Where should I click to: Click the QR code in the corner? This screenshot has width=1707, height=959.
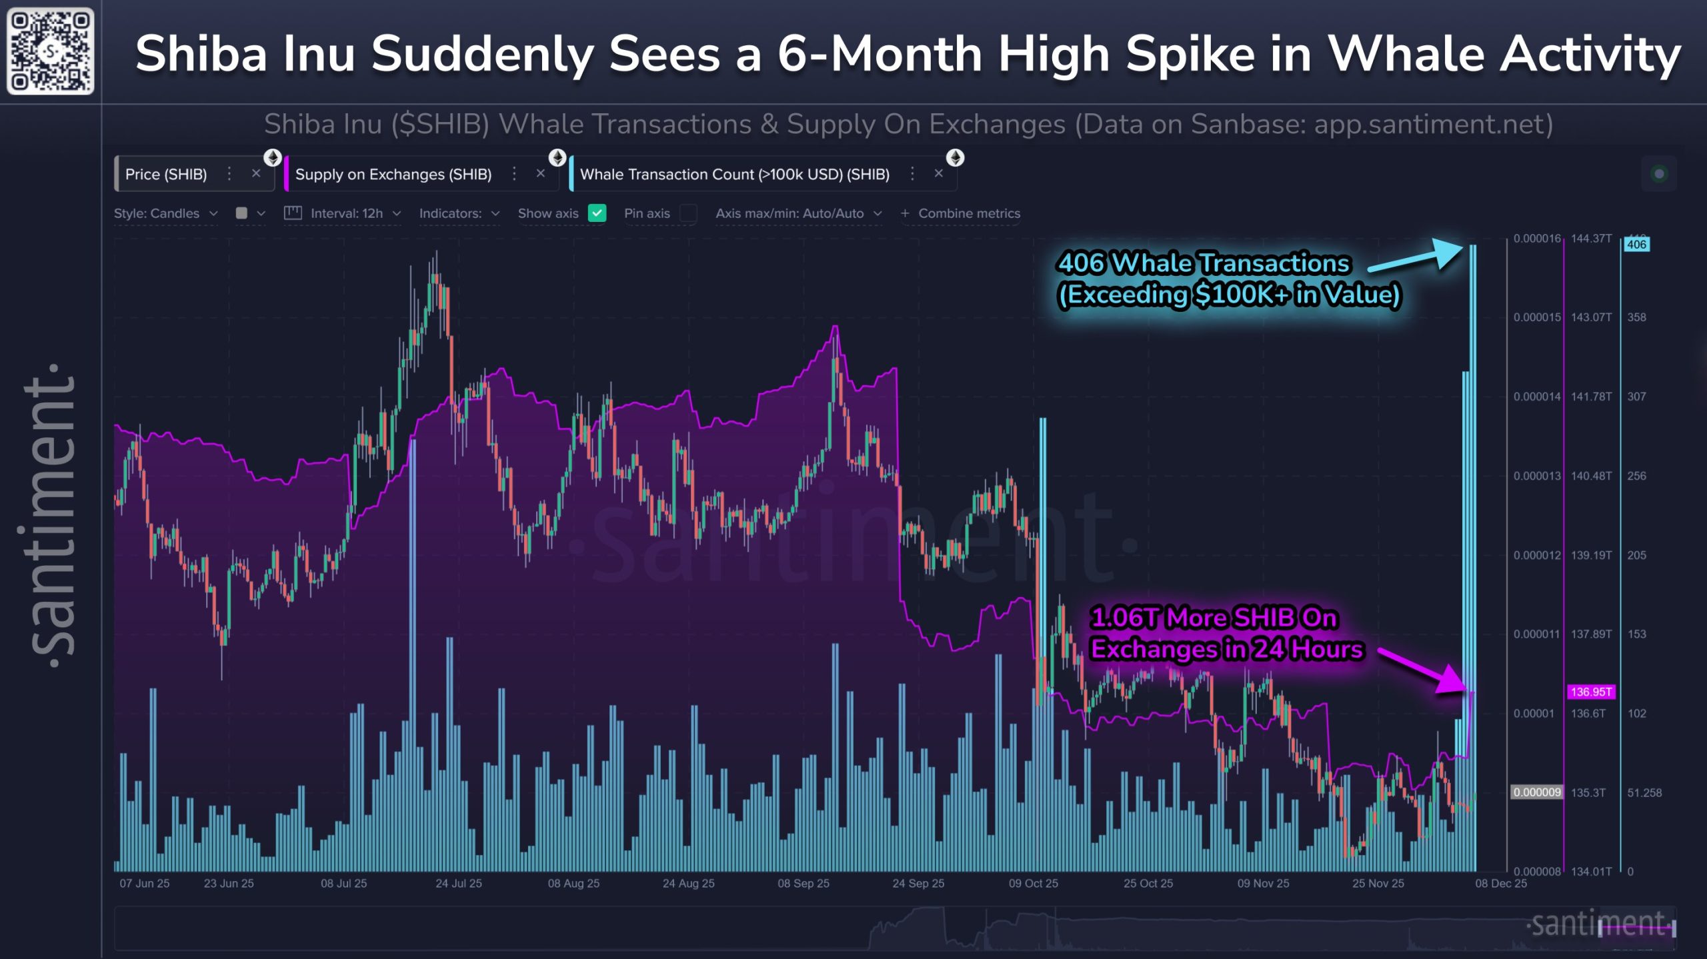point(50,51)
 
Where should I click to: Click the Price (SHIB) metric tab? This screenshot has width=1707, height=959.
point(166,175)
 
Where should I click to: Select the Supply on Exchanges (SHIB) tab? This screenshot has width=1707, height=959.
point(393,175)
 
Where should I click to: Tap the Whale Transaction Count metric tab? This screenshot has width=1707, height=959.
point(734,175)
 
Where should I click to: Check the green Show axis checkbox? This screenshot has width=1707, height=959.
point(597,213)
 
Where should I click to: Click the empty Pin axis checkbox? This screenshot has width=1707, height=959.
point(687,213)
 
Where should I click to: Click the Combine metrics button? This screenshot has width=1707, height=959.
point(960,213)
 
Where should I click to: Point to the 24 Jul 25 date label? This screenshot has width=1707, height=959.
point(458,883)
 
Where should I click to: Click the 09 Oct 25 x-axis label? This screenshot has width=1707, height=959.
point(1033,883)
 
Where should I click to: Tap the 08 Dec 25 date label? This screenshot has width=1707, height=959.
point(1500,883)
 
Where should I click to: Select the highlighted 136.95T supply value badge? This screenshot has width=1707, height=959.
point(1590,692)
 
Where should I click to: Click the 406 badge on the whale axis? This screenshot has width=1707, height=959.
point(1636,245)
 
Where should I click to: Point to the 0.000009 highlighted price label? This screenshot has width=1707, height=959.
point(1536,792)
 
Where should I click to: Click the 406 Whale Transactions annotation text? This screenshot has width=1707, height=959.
point(1228,279)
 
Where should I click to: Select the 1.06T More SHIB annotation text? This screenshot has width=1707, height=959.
point(1226,634)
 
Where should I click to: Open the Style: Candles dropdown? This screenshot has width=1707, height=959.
point(165,213)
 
